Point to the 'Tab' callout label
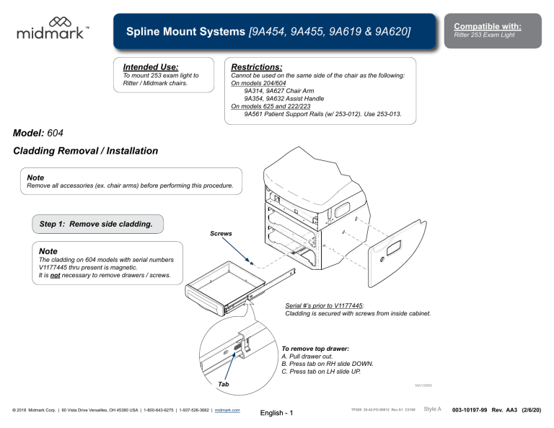224,384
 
